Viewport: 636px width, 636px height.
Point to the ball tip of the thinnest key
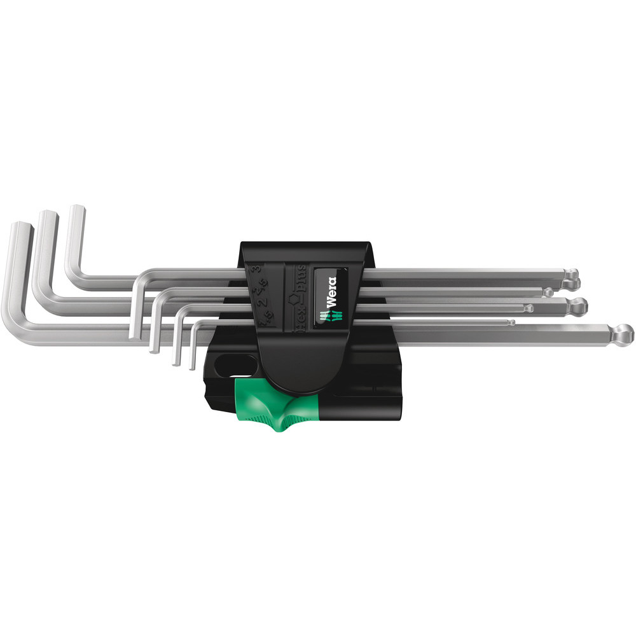pos(511,322)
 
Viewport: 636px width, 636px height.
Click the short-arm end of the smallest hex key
pos(191,366)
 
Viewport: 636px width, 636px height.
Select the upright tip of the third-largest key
pos(76,208)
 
